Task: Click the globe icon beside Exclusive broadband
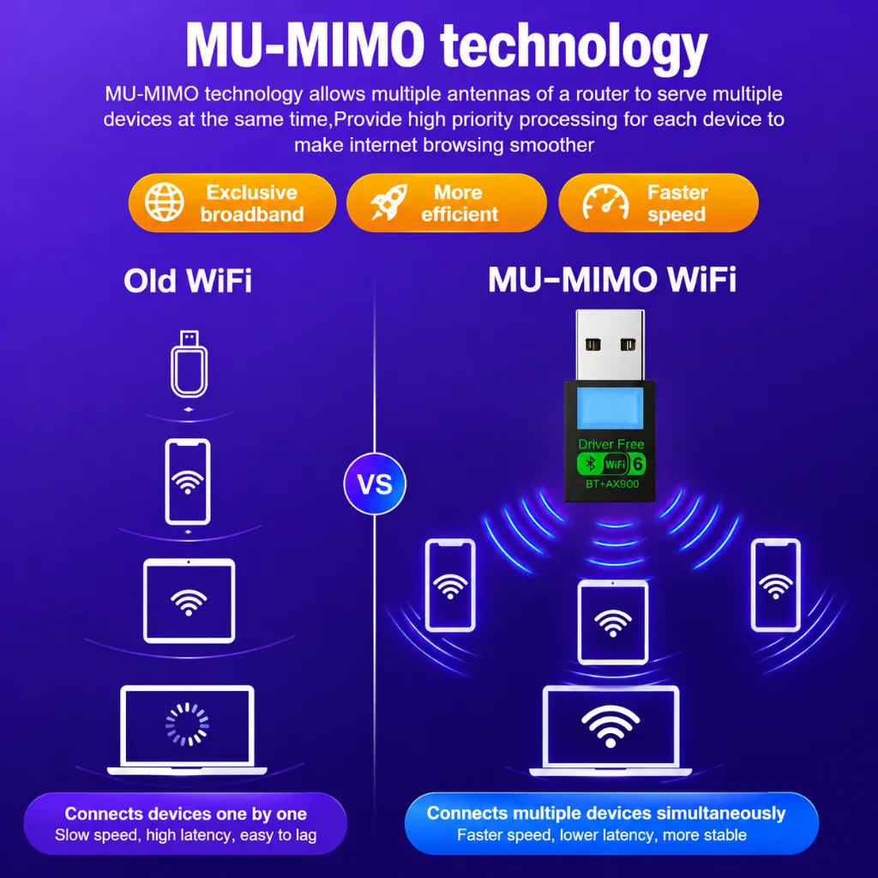pos(164,202)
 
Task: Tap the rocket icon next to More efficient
pos(388,202)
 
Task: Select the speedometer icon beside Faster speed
pos(605,202)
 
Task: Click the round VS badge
pos(375,484)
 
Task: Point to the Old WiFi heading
pos(188,280)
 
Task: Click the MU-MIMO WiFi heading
pos(612,280)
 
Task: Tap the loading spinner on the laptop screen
pos(188,725)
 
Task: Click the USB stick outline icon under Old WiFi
pos(189,364)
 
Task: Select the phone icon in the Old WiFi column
pos(188,482)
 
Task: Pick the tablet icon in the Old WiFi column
pos(189,600)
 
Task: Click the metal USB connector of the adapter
pos(610,346)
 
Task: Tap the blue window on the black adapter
pos(610,408)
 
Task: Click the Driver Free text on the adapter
pos(610,444)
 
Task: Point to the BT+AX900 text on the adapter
pos(612,484)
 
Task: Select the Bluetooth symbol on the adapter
pos(590,464)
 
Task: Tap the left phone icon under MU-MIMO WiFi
pos(450,585)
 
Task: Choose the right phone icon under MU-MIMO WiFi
pos(775,585)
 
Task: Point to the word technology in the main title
pos(574,45)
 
